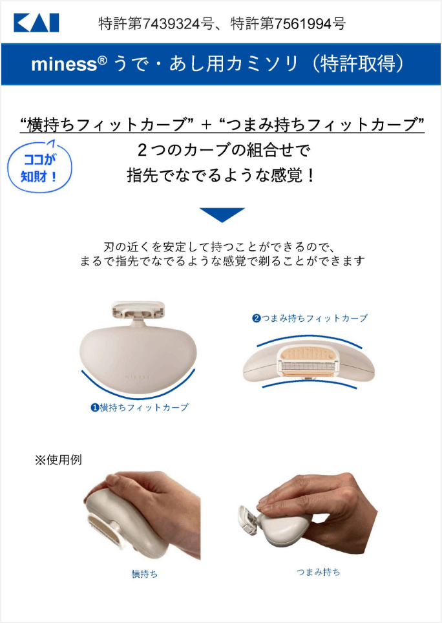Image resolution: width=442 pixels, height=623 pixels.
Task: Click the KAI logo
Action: pyautogui.click(x=36, y=23)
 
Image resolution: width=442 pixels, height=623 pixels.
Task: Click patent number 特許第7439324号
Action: pyautogui.click(x=156, y=25)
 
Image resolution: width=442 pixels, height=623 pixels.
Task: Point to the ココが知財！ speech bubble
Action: pyautogui.click(x=39, y=168)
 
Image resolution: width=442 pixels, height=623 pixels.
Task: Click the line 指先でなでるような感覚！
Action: pyautogui.click(x=222, y=175)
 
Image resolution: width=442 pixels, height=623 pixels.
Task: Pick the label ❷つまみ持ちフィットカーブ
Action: pyautogui.click(x=310, y=318)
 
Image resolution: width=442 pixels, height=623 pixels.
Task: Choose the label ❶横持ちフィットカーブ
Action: pyautogui.click(x=140, y=408)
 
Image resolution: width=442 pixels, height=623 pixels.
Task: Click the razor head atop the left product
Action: pyautogui.click(x=138, y=310)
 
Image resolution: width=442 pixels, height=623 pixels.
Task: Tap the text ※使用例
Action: pyautogui.click(x=58, y=460)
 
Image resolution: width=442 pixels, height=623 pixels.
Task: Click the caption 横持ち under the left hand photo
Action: pyautogui.click(x=144, y=573)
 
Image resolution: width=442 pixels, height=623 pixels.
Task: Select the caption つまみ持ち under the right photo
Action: pyautogui.click(x=318, y=572)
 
